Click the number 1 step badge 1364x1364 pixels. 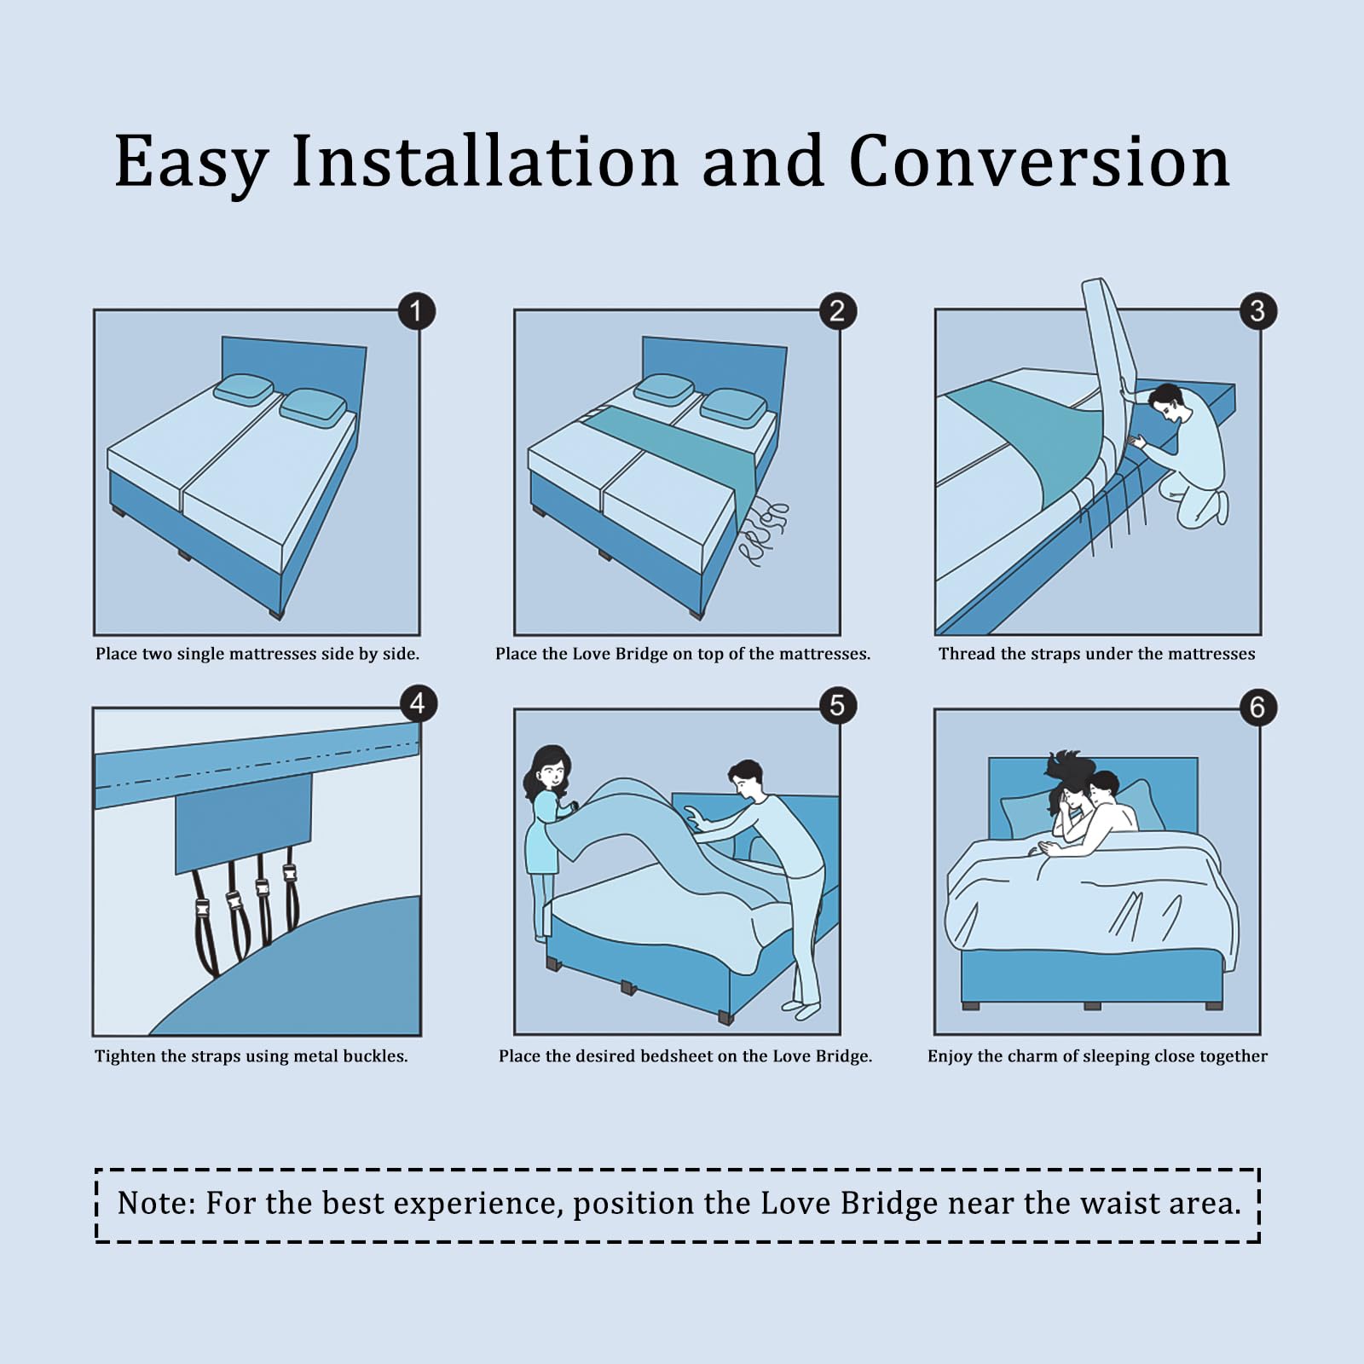[x=417, y=311]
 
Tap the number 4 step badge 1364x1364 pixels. [x=418, y=704]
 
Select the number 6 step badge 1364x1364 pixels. [x=1257, y=708]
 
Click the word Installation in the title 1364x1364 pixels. [x=484, y=161]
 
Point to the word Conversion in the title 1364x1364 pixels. [x=1039, y=161]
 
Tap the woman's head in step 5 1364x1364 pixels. [x=551, y=768]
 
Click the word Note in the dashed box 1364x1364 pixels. [x=156, y=1203]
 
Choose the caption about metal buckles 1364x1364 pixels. [x=251, y=1056]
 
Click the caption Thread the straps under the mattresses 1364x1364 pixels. [x=1096, y=654]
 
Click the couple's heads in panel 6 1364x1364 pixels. [x=1083, y=793]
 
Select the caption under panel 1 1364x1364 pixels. [x=257, y=654]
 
